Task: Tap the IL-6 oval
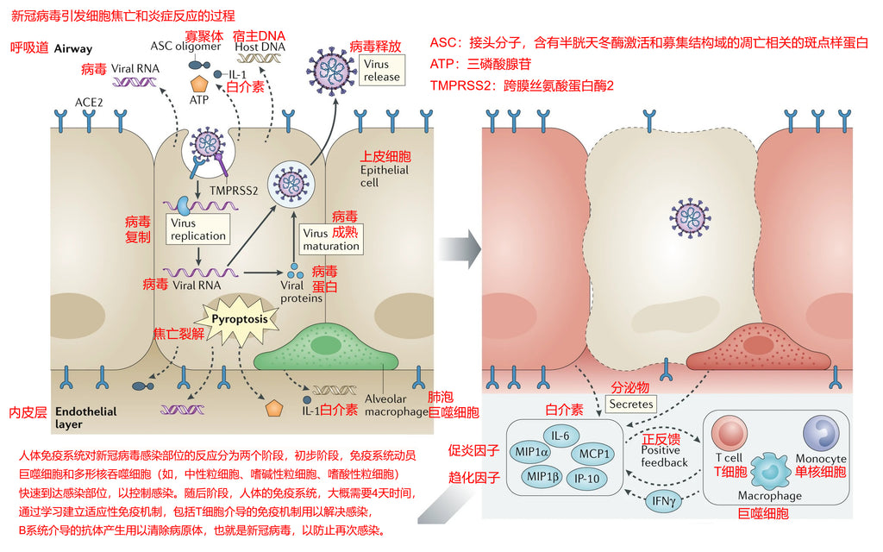click(x=560, y=436)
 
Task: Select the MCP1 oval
click(x=594, y=454)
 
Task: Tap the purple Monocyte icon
click(x=819, y=432)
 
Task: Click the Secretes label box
click(x=632, y=403)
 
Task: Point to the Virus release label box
click(x=381, y=71)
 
